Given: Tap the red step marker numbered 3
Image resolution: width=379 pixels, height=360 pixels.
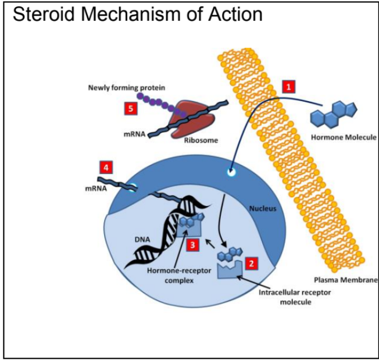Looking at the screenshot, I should point(191,245).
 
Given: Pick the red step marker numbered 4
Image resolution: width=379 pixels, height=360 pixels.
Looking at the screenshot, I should point(105,167).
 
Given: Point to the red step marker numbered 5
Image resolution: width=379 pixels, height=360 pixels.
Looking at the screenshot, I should point(131,108).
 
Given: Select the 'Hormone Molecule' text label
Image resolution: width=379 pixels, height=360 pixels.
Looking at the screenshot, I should point(344,138).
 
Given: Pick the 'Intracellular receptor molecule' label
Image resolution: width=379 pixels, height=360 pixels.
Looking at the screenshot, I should point(294,297).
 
